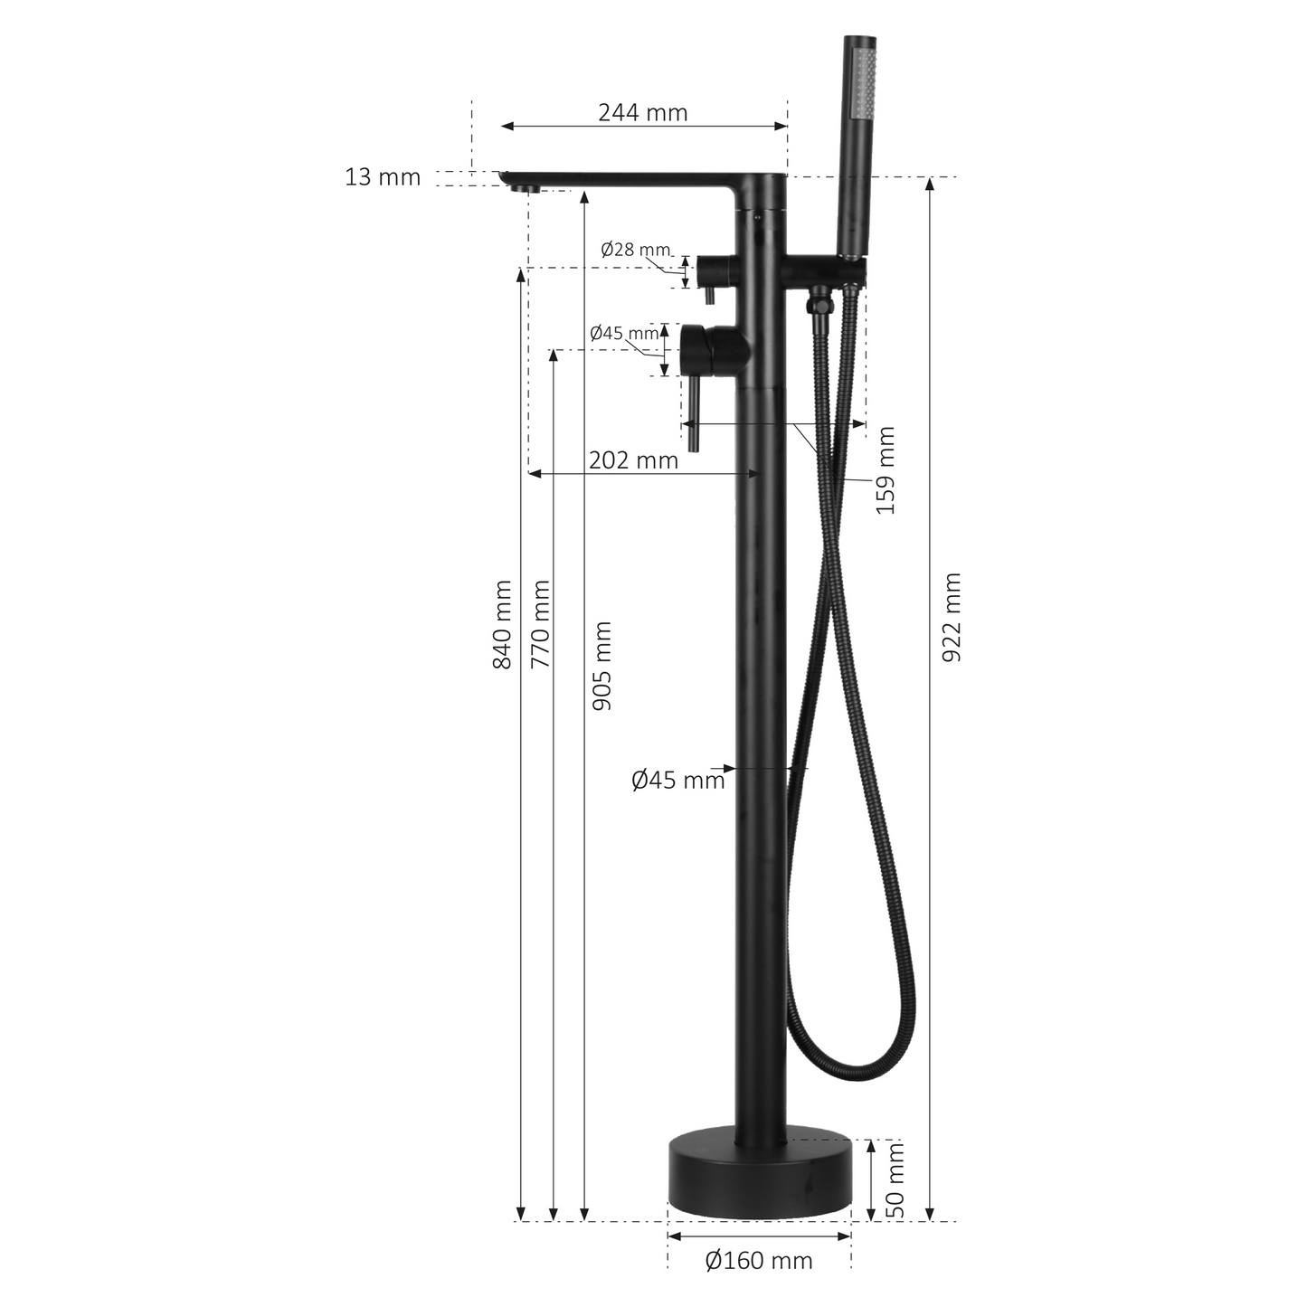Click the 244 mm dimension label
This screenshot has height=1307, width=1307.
(x=642, y=112)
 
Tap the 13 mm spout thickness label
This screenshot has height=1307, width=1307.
(x=383, y=177)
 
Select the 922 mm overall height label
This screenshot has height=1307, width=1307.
(x=952, y=617)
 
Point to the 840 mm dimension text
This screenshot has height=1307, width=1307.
(x=502, y=625)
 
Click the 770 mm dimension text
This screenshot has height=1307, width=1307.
(x=541, y=625)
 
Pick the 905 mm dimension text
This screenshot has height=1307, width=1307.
(x=601, y=666)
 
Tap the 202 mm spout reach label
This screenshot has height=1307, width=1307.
(x=633, y=460)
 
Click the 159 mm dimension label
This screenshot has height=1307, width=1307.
(x=886, y=470)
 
